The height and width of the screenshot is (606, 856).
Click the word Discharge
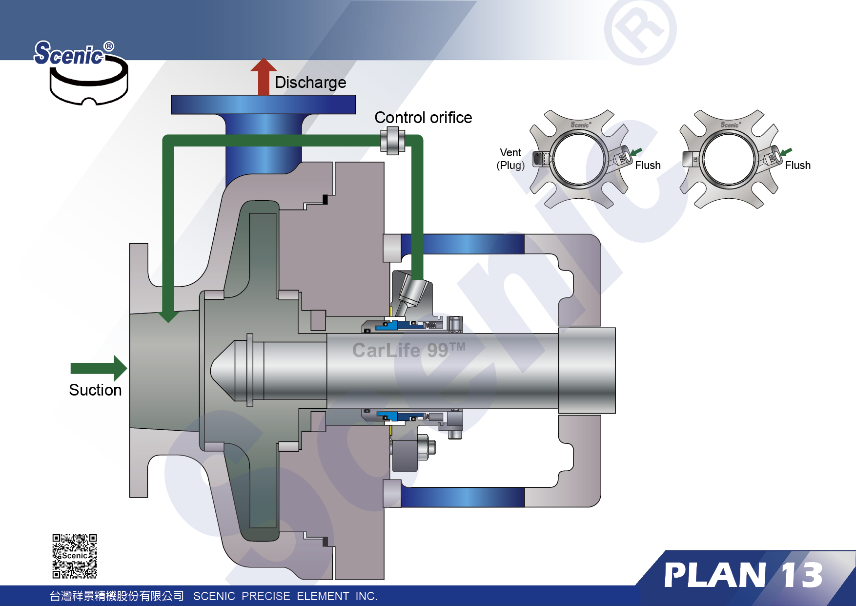[310, 83]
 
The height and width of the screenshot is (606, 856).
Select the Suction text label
[95, 390]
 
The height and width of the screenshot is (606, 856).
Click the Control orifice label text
[423, 118]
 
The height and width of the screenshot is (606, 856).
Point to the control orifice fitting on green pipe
[392, 141]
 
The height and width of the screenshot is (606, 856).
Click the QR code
[75, 556]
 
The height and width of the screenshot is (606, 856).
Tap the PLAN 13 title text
[743, 575]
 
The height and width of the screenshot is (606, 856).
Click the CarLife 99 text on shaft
[408, 350]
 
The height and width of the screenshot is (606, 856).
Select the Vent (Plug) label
[510, 159]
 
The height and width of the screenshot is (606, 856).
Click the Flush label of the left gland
[648, 166]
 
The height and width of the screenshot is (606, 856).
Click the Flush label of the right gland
[797, 166]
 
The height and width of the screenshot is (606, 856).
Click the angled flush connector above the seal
[411, 295]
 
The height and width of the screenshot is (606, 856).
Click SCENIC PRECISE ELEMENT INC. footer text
[285, 596]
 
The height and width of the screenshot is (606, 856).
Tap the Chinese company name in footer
[117, 596]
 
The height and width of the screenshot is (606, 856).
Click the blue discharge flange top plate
[263, 104]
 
